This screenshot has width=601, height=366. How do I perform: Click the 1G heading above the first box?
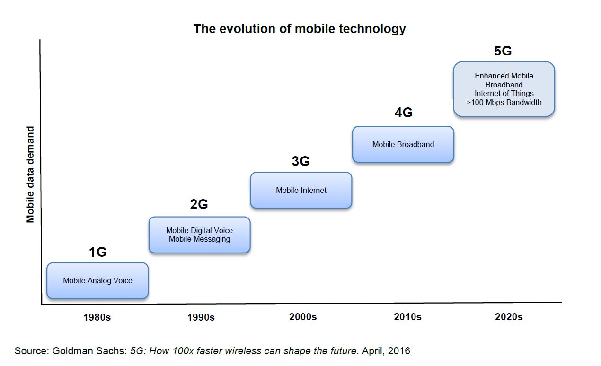coord(97,253)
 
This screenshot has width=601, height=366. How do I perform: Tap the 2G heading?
coord(199,204)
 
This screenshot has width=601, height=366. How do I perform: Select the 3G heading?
coord(300,161)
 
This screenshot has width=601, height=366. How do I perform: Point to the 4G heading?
coord(403,113)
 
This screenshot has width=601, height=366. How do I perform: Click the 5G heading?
coord(503,51)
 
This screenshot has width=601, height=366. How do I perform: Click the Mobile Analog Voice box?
coord(97,281)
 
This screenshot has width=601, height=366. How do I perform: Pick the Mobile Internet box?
coord(301,190)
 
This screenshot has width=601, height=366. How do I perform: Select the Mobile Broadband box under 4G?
coord(403,144)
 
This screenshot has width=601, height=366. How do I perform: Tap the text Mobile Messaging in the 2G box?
coord(199,239)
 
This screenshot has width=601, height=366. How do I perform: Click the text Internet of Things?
coord(504,93)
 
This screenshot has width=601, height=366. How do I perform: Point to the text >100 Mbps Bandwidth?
coord(504,102)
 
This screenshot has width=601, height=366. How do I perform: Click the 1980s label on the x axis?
coord(97,317)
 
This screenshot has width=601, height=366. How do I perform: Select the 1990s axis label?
coord(201,317)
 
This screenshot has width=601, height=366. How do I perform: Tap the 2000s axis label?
coord(303,317)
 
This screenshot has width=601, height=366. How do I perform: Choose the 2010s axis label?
coord(407,317)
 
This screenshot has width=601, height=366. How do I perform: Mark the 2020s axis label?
coord(509,317)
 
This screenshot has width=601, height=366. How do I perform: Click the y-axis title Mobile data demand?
coord(30,174)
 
